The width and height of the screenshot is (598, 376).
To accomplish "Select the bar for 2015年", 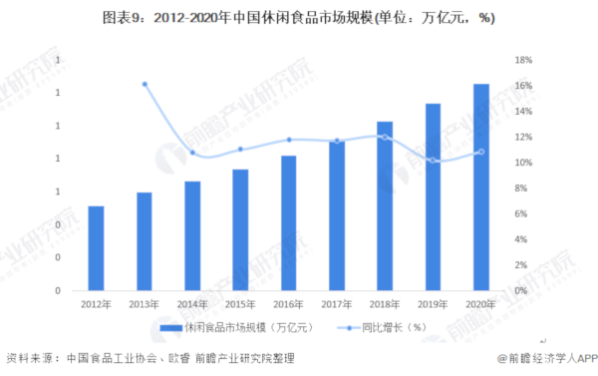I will pyautogui.click(x=240, y=230).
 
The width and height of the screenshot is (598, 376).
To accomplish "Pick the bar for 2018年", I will pyautogui.click(x=385, y=206).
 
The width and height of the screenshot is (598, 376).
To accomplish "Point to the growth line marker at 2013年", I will pyautogui.click(x=145, y=85).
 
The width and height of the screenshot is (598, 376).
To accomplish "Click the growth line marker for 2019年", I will pyautogui.click(x=433, y=161).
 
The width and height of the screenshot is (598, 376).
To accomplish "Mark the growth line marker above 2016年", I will pyautogui.click(x=289, y=140).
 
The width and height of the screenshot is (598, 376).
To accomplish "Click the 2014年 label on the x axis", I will pyautogui.click(x=192, y=304).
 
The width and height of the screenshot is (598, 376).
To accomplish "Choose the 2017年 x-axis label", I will pyautogui.click(x=337, y=304).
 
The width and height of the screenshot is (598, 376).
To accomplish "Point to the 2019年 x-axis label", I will pyautogui.click(x=433, y=304).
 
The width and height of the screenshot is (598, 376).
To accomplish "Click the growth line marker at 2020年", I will pyautogui.click(x=480, y=152).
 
